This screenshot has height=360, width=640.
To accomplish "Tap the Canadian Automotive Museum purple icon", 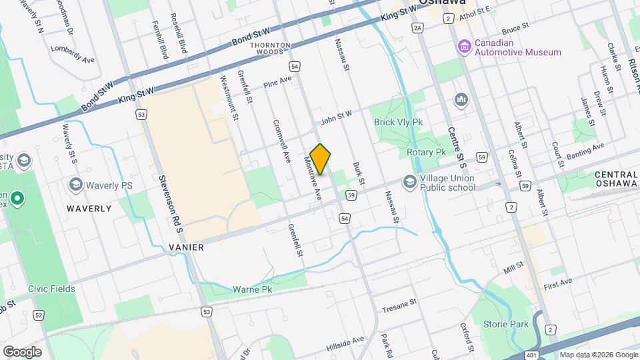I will click(463, 46).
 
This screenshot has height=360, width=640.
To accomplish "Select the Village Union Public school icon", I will click(409, 181).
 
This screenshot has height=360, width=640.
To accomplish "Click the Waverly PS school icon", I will click(75, 184).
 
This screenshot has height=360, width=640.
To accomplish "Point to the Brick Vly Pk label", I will click(399, 123).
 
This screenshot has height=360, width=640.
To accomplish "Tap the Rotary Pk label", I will click(426, 152).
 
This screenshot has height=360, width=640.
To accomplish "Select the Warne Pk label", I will click(253, 290).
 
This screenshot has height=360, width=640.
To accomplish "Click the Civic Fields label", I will click(51, 289).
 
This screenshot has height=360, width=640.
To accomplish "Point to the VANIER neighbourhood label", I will click(182, 247).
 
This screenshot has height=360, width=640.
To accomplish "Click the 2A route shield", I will click(418, 27).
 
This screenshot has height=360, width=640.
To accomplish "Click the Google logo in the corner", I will click(21, 351).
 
